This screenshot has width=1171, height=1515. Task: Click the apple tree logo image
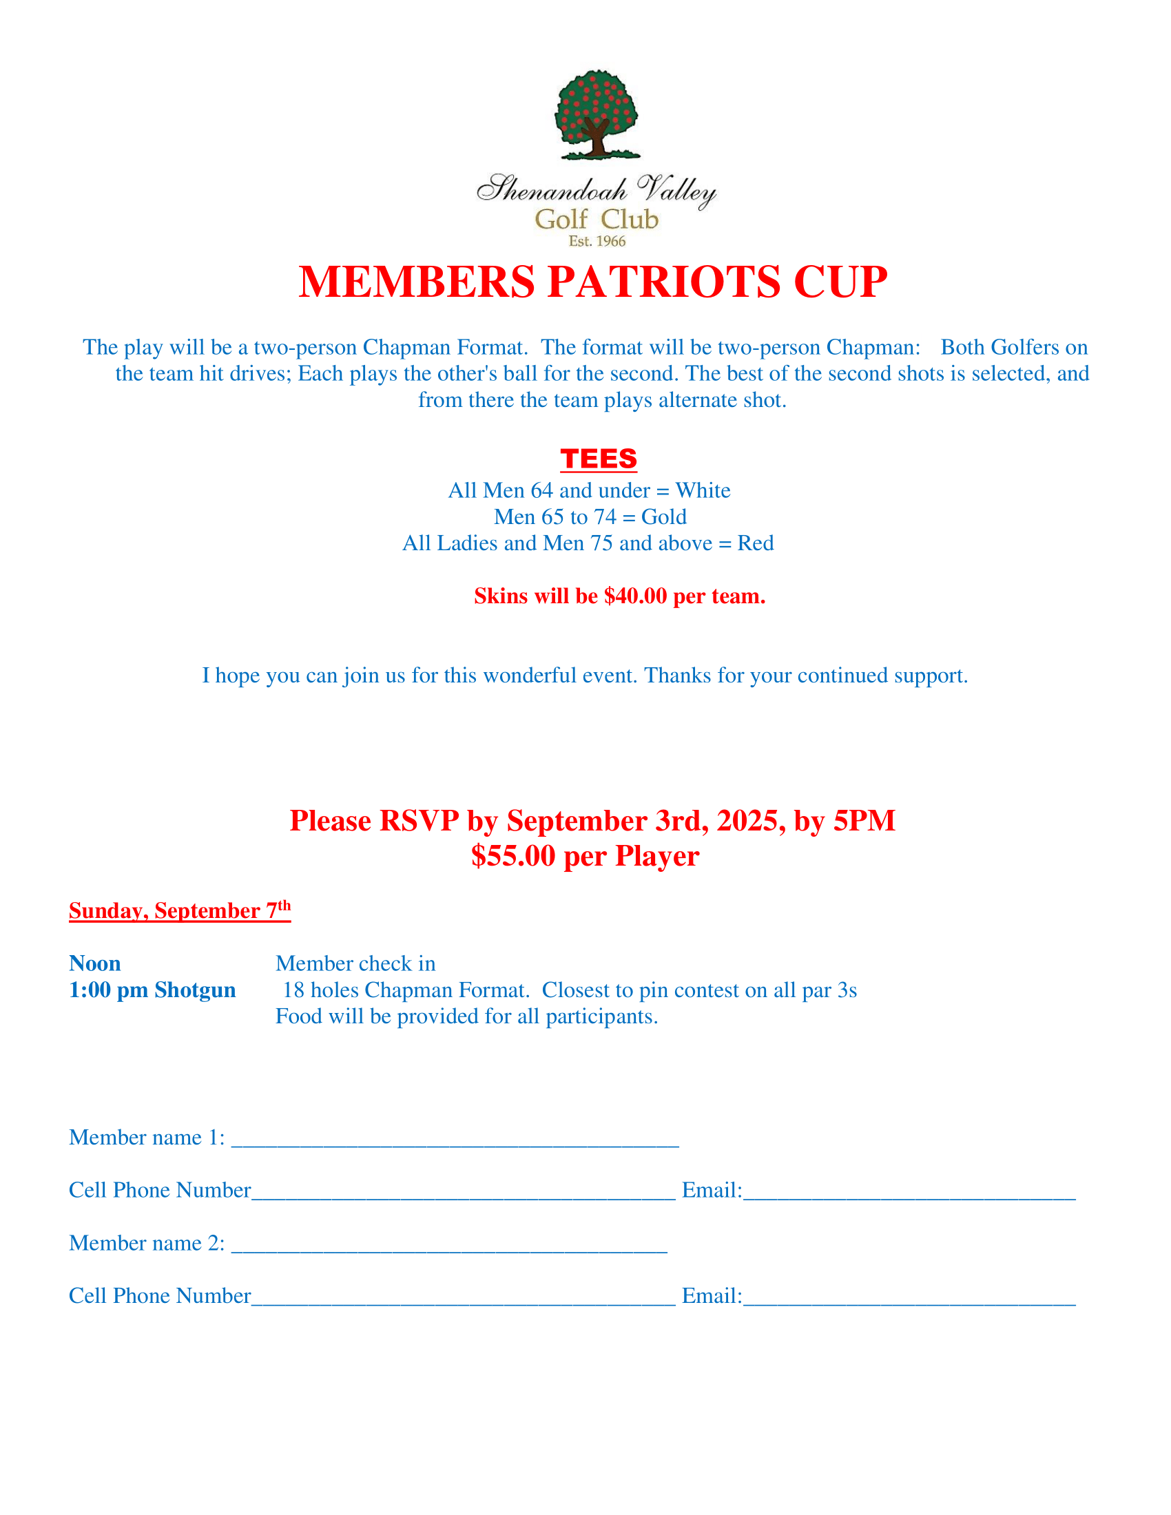tap(596, 114)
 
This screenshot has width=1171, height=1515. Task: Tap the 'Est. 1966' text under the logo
tap(597, 242)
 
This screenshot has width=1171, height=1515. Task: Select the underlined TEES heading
tap(599, 459)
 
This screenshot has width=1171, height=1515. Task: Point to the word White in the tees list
tap(703, 490)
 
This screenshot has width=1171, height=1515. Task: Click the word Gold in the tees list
tap(664, 516)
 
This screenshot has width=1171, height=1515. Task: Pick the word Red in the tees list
tap(756, 543)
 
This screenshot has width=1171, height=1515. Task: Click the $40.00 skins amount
tap(636, 596)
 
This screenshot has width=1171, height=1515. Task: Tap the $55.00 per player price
tap(512, 856)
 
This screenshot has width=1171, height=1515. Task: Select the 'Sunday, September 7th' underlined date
tap(180, 910)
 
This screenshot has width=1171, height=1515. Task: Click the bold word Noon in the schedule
tap(95, 963)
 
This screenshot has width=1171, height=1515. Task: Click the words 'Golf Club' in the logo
tap(597, 219)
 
